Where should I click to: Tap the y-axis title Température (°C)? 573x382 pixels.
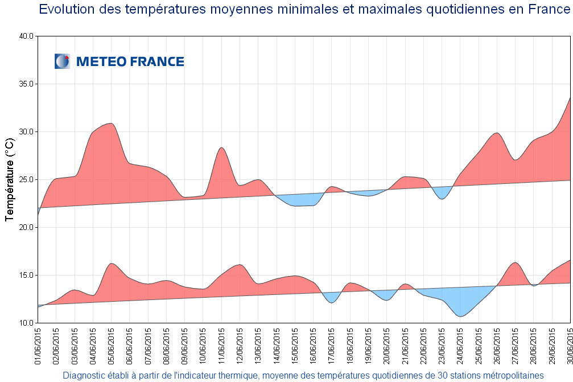pos(9,179)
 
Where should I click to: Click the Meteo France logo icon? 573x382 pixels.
pos(62,61)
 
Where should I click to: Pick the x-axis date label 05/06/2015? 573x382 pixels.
pos(111,344)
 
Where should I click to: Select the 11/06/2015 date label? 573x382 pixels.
pos(221,344)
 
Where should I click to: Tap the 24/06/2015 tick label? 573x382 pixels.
pos(460,344)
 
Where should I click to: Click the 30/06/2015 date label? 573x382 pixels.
pos(570,344)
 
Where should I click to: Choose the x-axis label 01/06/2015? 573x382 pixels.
pos(38,344)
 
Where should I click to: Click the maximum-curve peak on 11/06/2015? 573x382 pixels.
pos(221,148)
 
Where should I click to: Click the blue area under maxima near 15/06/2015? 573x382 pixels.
pos(296,200)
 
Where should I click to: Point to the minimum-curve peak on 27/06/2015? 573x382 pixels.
pos(514,263)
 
